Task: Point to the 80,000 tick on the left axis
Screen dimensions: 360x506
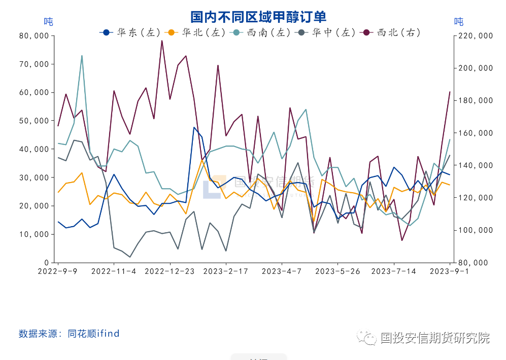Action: (x=33, y=36)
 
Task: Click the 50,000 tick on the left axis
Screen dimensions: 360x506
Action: (x=33, y=121)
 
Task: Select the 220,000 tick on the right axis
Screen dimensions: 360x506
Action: (x=472, y=36)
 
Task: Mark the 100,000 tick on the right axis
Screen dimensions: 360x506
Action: (x=472, y=230)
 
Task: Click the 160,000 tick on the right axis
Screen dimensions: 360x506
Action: (x=472, y=133)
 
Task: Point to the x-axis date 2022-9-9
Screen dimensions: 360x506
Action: (x=58, y=271)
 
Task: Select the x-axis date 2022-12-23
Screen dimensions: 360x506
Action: (x=170, y=271)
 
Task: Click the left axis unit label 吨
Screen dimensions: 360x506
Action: (x=48, y=22)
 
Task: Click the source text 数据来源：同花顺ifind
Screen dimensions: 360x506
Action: (x=69, y=333)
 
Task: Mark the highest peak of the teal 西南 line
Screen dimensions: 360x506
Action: (x=82, y=56)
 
